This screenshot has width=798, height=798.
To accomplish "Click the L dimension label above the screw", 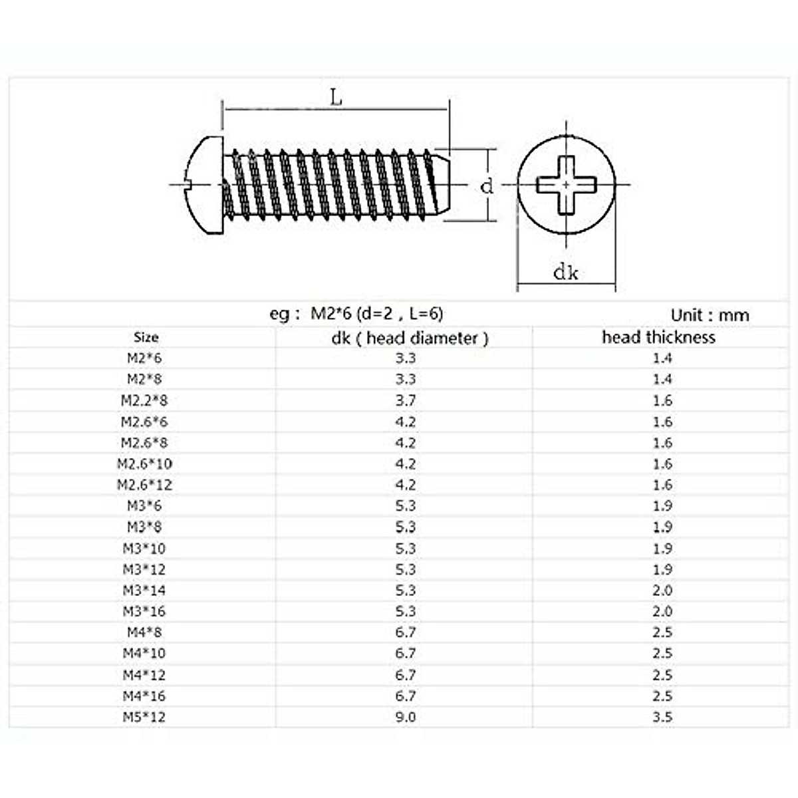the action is [x=336, y=98].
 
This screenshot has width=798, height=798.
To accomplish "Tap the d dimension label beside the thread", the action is [x=487, y=186].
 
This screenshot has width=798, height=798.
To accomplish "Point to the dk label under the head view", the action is [x=566, y=273].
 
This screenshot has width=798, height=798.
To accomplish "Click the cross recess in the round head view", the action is [x=567, y=185].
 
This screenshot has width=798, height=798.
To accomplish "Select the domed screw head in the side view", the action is [x=205, y=186].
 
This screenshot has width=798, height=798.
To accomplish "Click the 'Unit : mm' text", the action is [x=710, y=316].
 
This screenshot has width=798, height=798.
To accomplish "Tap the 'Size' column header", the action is [x=146, y=337].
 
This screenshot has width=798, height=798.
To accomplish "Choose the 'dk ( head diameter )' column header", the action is [x=410, y=338].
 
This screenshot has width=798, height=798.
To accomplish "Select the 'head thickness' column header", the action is [x=658, y=337].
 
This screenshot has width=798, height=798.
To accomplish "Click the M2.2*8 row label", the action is [x=144, y=400].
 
